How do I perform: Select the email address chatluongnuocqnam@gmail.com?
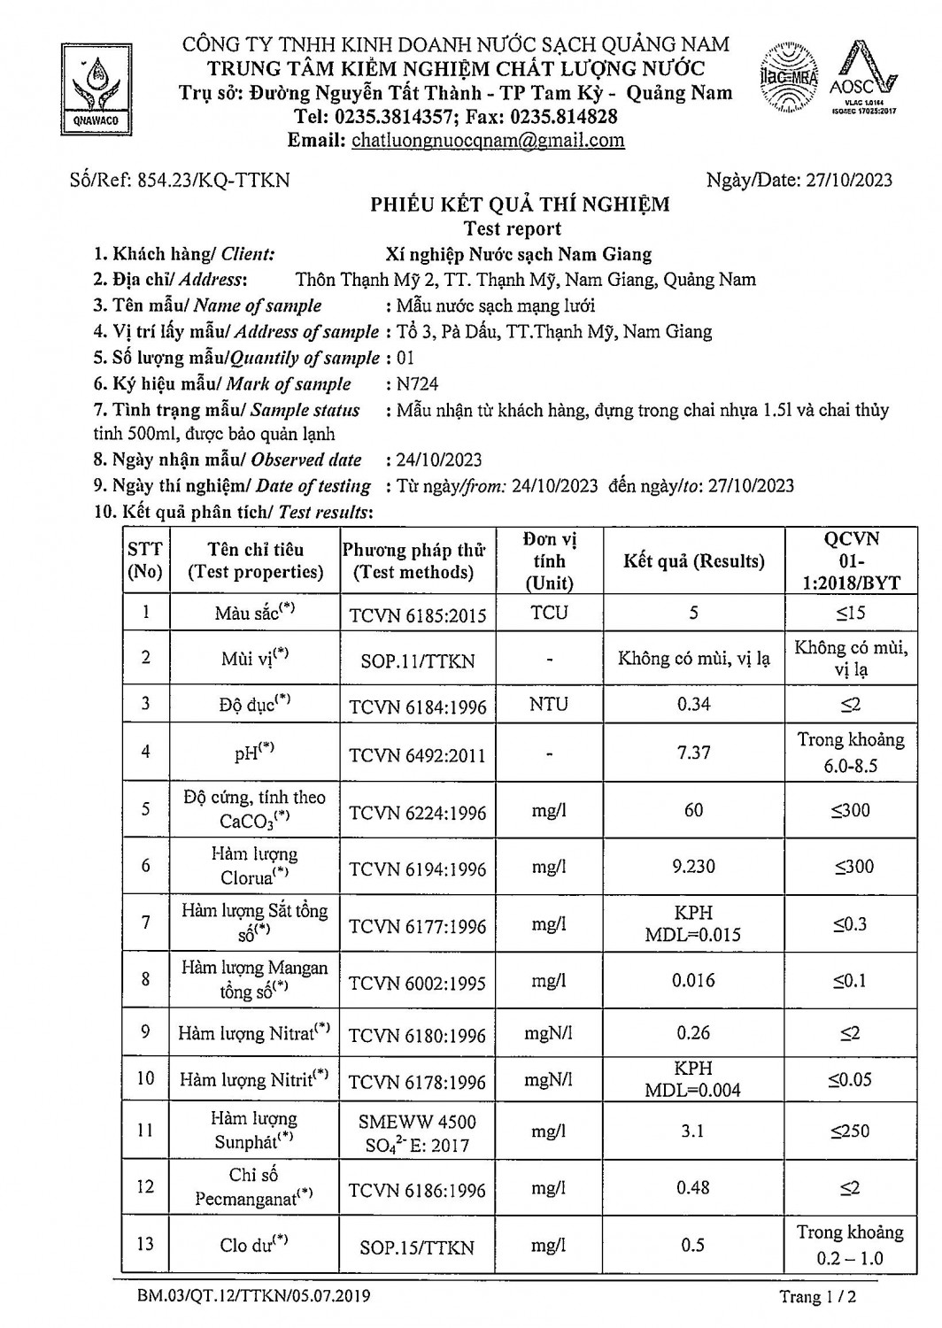click(488, 140)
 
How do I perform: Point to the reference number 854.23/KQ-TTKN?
click(212, 180)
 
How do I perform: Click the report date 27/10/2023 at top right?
click(849, 180)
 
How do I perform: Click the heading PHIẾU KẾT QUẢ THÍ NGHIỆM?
click(520, 205)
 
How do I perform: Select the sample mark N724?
click(418, 383)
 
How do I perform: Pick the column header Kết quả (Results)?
click(693, 560)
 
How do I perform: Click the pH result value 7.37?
click(693, 753)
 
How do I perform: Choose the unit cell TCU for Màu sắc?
click(549, 613)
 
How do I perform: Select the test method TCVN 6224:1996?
click(417, 813)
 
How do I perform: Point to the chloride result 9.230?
click(693, 866)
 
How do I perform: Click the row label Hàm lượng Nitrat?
click(254, 1033)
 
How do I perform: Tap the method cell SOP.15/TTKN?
click(417, 1247)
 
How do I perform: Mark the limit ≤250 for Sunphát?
click(850, 1131)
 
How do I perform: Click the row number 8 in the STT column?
click(145, 979)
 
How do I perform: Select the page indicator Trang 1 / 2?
click(818, 1297)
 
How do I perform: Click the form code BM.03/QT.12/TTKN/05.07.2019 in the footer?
click(254, 1296)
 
